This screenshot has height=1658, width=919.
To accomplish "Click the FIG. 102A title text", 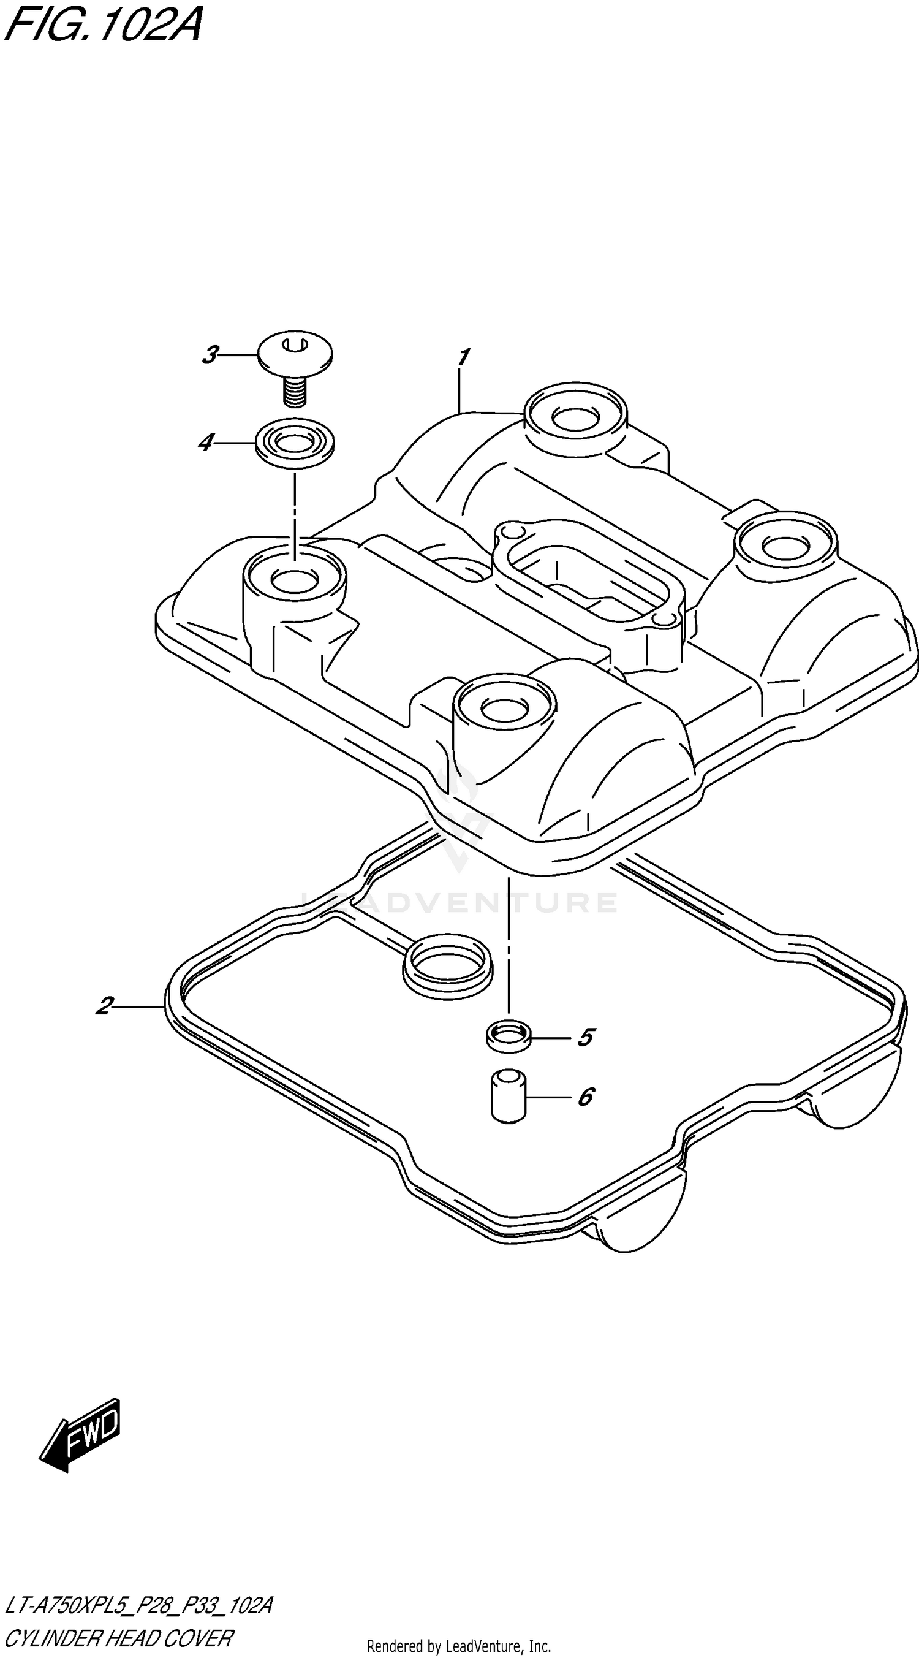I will pos(103,26).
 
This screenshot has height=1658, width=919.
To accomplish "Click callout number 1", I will pos(463,357).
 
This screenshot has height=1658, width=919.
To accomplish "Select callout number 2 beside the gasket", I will pos(105,1005).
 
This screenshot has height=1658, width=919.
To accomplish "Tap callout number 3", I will pos(210,355).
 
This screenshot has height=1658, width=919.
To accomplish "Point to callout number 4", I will pos(206,442).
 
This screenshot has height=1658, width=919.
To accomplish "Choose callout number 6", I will pos(585,1097).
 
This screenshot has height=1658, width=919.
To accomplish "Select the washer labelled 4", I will pos(295,444).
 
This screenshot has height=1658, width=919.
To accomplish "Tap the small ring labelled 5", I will pos(509,1036).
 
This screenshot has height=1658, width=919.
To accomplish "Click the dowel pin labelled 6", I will pos(509,1096).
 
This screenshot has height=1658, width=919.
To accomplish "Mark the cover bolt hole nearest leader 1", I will pos(575,419).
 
